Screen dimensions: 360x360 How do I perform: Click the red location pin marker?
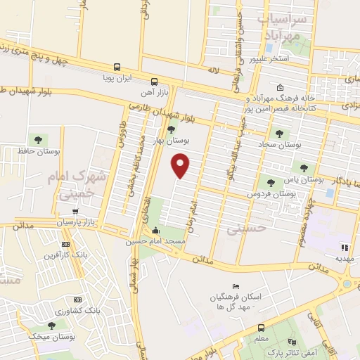181,165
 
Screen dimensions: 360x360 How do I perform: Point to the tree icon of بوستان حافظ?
37,140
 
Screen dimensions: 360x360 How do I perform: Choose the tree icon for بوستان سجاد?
279,133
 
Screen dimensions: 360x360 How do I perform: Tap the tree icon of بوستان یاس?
304,168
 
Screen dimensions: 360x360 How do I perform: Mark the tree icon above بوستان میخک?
51,326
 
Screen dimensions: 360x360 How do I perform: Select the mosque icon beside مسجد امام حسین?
155,231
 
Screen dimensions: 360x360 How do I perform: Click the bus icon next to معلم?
261,328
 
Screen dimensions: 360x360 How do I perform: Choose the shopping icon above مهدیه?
345,247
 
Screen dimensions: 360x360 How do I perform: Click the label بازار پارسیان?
75,223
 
